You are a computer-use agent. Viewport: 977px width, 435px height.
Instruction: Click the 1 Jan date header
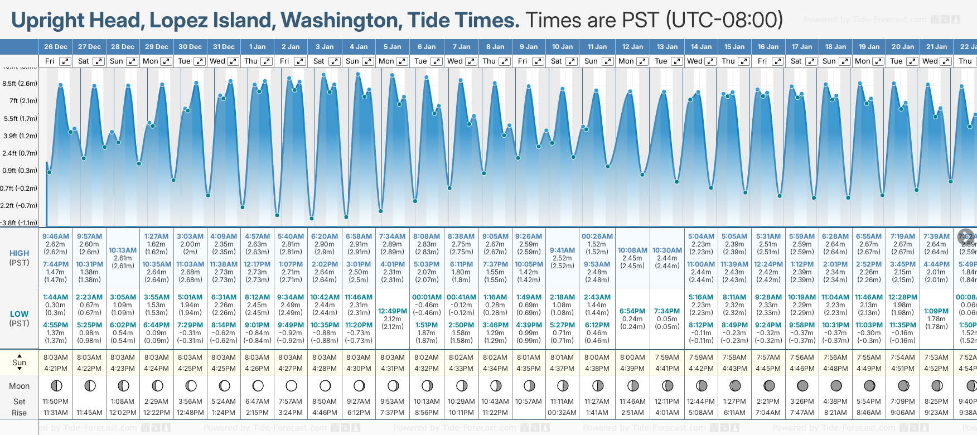[x=257, y=47]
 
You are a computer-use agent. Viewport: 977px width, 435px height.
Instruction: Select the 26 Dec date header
[x=55, y=47]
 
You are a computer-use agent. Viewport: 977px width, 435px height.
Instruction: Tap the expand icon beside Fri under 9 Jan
[x=538, y=61]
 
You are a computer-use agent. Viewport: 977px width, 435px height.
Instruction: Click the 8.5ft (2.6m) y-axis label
[x=20, y=84]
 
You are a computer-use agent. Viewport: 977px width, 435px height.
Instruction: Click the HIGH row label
[x=19, y=253]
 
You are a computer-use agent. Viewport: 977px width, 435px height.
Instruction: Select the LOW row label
[x=19, y=314]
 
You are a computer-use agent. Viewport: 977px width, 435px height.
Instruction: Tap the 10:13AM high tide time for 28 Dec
[x=123, y=250]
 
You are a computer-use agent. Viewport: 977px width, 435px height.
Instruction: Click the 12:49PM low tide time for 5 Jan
[x=393, y=311]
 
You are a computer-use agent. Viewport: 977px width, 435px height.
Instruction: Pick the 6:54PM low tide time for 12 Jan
[x=632, y=311]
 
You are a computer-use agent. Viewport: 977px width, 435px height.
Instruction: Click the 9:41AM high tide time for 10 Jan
[x=562, y=250]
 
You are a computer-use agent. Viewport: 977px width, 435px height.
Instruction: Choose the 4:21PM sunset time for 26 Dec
[x=55, y=369]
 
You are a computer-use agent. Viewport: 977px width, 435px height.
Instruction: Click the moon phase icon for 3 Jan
[x=325, y=385]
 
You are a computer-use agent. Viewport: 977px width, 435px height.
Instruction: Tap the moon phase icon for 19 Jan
[x=869, y=385]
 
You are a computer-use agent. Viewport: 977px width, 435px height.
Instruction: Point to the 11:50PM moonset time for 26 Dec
[x=55, y=402]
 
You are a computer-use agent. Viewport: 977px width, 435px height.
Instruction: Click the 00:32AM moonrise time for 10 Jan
[x=562, y=413]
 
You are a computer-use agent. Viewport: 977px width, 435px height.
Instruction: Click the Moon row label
[x=19, y=386]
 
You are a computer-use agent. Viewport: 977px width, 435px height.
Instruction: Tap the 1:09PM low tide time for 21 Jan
[x=936, y=311]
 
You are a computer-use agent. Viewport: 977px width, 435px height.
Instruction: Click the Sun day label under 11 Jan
[x=591, y=61]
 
